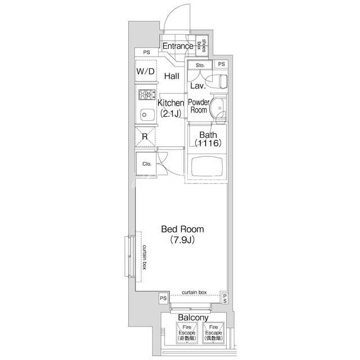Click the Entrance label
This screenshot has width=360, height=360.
178,46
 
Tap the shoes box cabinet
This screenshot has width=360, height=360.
202,46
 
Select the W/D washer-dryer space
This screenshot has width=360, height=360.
146,71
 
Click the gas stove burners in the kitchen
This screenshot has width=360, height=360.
147,95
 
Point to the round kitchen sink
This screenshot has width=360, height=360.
147,115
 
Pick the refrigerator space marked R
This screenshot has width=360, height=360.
145,137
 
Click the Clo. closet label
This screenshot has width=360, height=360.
147,164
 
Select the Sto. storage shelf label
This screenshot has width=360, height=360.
200,65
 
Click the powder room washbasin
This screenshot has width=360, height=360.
218,107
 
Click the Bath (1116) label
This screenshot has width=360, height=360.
208,139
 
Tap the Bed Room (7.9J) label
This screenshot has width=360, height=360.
182,235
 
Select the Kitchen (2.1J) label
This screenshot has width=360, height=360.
171,108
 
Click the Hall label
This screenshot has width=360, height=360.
172,76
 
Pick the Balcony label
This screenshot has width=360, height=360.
193,318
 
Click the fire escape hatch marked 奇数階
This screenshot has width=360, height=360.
187,332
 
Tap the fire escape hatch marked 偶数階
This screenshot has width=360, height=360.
213,332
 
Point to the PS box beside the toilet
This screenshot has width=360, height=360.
221,64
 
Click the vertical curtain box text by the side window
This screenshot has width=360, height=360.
144,257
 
